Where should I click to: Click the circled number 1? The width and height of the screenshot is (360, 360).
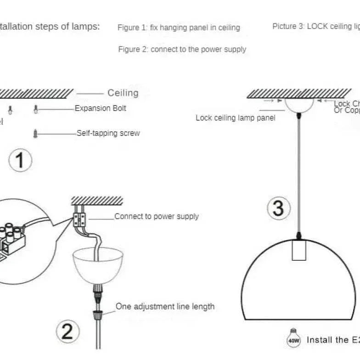[x=20, y=161]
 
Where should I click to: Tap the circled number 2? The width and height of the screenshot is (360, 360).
[x=67, y=332]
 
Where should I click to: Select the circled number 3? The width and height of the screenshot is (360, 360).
[x=278, y=208]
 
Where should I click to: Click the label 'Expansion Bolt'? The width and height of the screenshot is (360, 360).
[x=100, y=109]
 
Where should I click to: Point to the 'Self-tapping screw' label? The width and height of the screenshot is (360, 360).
[x=108, y=134]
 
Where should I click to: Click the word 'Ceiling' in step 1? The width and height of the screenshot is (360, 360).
[x=123, y=93]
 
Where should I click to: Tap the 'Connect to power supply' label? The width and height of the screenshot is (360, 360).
[x=156, y=216]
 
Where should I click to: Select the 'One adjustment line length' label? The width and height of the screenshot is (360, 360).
[x=165, y=306]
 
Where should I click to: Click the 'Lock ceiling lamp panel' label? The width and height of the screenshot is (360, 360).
[x=235, y=118]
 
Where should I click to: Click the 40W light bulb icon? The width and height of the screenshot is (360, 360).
[x=293, y=339]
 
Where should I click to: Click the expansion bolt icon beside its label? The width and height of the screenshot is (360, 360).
[x=36, y=109]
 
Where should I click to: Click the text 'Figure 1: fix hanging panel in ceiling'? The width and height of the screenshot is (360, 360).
[x=179, y=28]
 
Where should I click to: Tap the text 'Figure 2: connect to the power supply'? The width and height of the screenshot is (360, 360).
[x=182, y=49]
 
